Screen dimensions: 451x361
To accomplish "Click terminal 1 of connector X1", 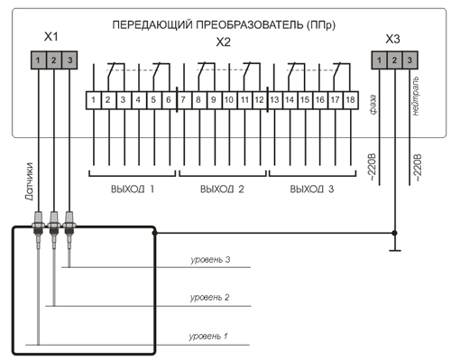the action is (38, 60).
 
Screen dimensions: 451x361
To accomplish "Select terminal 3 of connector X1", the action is (69, 60).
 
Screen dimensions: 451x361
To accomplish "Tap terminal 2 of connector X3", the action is (394, 60).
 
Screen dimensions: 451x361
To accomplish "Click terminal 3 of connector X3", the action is (410, 60).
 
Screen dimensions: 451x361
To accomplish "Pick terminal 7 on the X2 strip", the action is (184, 100).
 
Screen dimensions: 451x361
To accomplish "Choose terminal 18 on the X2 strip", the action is (351, 100).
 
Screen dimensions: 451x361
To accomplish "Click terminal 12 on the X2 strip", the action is (260, 100).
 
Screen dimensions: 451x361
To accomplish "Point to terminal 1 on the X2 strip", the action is (94, 100).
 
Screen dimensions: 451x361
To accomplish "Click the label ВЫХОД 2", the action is (222, 190).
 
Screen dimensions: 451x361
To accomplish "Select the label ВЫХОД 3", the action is (312, 190).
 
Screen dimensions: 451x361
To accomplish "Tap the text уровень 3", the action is (210, 260).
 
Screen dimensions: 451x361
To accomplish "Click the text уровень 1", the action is (208, 336).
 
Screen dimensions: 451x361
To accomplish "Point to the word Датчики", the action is (29, 181).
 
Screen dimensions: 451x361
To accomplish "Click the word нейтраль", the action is (415, 96).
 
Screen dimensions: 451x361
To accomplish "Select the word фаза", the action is (373, 105).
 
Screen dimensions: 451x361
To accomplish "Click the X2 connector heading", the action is (224, 42).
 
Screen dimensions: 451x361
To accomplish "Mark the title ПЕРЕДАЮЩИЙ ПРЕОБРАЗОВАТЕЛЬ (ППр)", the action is (224, 24).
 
